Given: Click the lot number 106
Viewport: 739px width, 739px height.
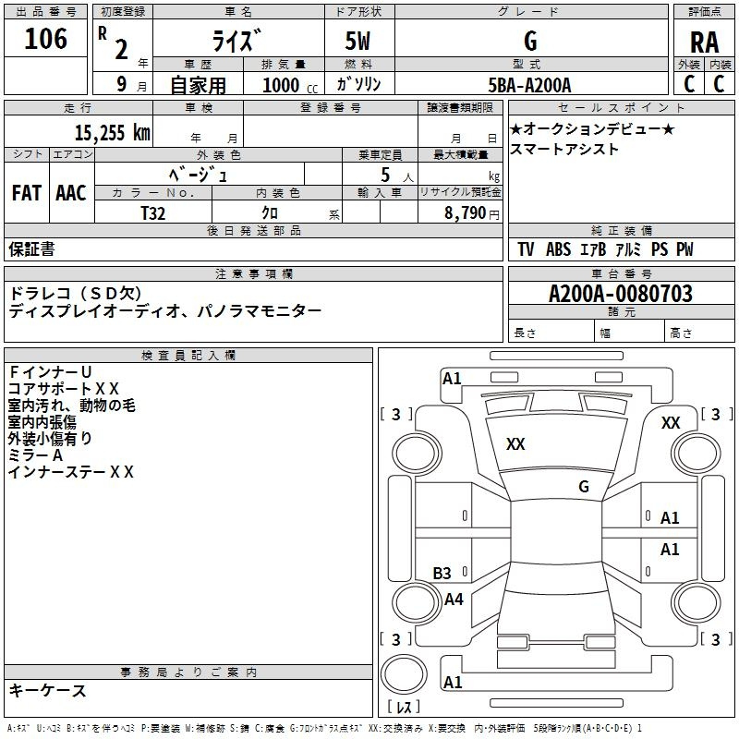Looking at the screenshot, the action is pyautogui.click(x=45, y=39).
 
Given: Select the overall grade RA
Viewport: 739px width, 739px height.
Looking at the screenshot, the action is pyautogui.click(x=704, y=42).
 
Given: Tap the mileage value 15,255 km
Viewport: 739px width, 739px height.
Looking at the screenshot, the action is pyautogui.click(x=112, y=132).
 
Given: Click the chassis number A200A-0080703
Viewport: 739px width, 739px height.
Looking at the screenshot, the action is pyautogui.click(x=621, y=294).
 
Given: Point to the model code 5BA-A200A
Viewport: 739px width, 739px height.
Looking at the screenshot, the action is pyautogui.click(x=529, y=85).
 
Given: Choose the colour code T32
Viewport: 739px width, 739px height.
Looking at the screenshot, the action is pyautogui.click(x=153, y=213).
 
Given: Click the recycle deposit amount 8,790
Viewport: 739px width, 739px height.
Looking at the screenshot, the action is pyautogui.click(x=465, y=212).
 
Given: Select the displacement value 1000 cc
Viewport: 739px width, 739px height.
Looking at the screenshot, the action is pyautogui.click(x=290, y=85).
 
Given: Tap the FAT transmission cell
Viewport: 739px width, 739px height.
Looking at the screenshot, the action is pyautogui.click(x=27, y=193).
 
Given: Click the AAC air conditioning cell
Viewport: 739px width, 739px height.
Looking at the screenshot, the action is pyautogui.click(x=71, y=193).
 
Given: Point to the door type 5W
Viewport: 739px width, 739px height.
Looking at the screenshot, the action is pyautogui.click(x=357, y=41).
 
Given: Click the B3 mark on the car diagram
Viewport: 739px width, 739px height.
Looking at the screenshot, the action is pyautogui.click(x=442, y=573).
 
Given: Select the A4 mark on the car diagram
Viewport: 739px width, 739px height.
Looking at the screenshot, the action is pyautogui.click(x=454, y=599).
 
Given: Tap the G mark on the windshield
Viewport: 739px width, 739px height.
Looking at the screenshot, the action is pyautogui.click(x=584, y=486).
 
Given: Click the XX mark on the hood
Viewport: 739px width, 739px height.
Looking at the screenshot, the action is pyautogui.click(x=515, y=443).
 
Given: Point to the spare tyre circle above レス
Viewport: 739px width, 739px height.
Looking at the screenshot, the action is pyautogui.click(x=404, y=673).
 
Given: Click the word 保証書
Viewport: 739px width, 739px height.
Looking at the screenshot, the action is pyautogui.click(x=31, y=248).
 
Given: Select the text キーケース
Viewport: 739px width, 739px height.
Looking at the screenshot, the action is pyautogui.click(x=48, y=690).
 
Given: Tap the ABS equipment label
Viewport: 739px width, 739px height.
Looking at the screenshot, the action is pyautogui.click(x=558, y=248).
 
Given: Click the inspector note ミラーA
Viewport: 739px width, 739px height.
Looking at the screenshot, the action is pyautogui.click(x=35, y=455).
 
